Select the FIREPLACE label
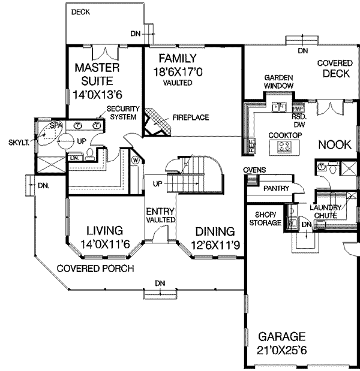[191, 117]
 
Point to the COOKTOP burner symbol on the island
[289, 147]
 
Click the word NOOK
[334, 144]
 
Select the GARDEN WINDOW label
[280, 82]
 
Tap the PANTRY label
[277, 189]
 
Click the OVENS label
[254, 170]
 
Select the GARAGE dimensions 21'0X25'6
[282, 349]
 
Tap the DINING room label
[214, 231]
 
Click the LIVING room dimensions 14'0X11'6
[105, 243]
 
